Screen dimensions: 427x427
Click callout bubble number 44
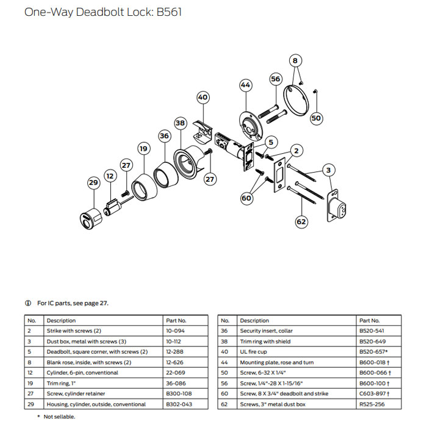pyautogui.click(x=246, y=85)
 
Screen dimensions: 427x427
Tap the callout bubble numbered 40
pyautogui.click(x=203, y=97)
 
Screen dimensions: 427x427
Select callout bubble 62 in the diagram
pyautogui.click(x=301, y=221)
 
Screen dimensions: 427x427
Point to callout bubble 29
pyautogui.click(x=93, y=182)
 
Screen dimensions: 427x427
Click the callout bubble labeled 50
pyautogui.click(x=315, y=118)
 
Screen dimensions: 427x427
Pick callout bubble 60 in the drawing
pyautogui.click(x=246, y=198)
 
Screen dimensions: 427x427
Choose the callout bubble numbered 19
pyautogui.click(x=143, y=148)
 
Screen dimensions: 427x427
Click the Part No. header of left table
pyautogui.click(x=176, y=320)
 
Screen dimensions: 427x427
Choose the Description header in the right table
pyautogui.click(x=254, y=320)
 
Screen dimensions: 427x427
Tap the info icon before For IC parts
pyautogui.click(x=27, y=303)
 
